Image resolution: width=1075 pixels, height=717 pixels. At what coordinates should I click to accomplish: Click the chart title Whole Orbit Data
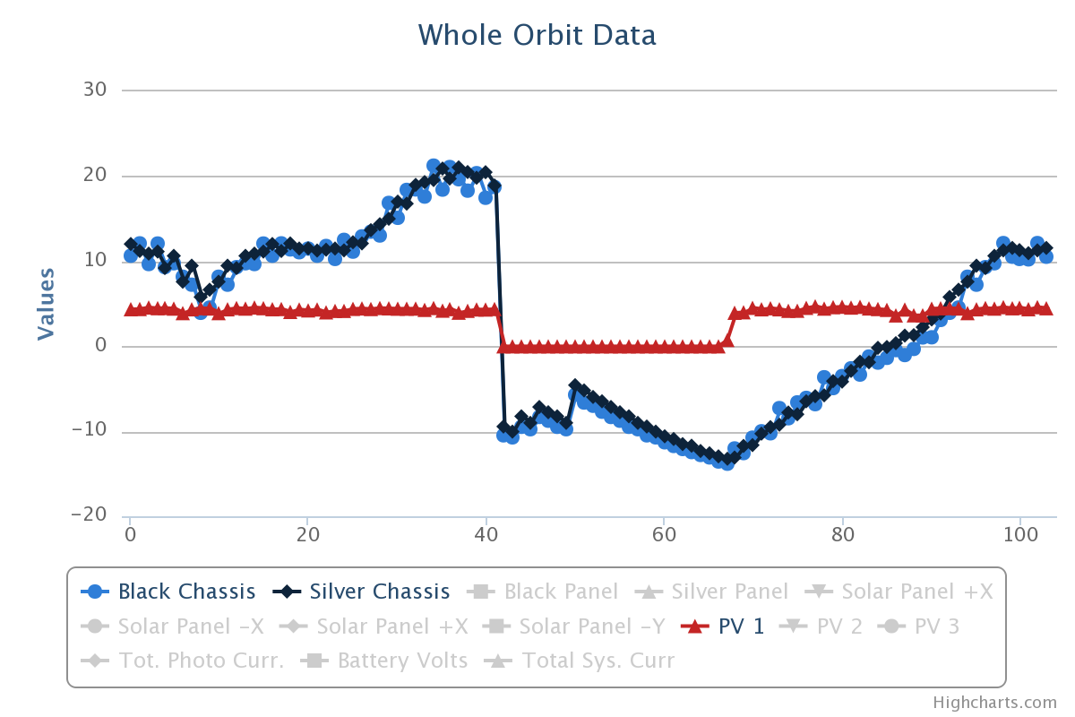(x=537, y=35)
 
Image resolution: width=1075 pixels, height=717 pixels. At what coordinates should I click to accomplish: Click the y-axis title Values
(x=46, y=303)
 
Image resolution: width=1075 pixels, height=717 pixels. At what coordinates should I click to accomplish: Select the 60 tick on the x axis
(x=664, y=532)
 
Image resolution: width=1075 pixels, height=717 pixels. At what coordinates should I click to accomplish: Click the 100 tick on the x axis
(x=1019, y=532)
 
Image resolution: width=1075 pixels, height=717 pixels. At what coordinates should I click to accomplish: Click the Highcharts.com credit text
(x=994, y=703)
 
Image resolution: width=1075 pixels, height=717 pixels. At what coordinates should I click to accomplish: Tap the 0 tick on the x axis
(x=130, y=532)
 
